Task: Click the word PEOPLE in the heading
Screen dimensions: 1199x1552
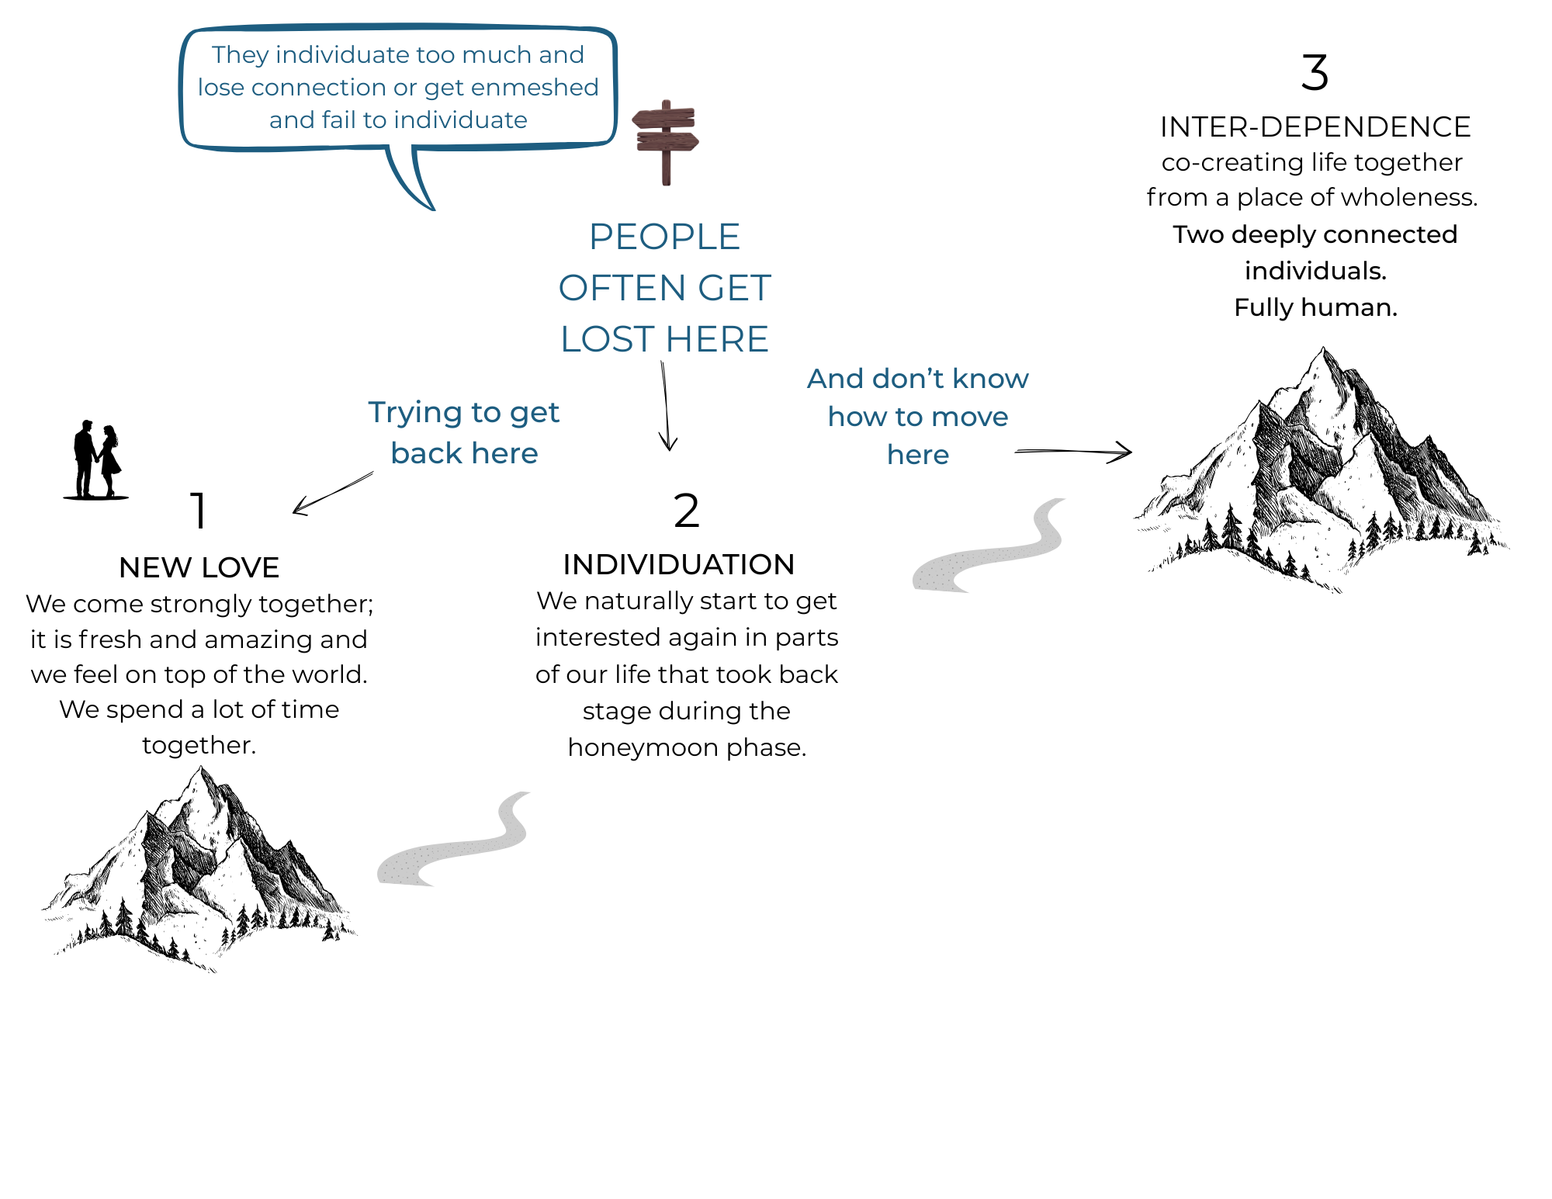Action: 664,237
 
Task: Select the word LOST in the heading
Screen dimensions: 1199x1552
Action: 608,339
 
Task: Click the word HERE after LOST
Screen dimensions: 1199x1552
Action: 717,339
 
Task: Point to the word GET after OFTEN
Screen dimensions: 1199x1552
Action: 734,288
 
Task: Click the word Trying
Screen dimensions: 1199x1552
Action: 414,413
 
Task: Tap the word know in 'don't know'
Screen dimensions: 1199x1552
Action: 990,379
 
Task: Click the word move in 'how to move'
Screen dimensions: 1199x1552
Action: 969,417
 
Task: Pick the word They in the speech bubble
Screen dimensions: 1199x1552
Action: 240,55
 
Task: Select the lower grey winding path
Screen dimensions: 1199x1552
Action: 458,847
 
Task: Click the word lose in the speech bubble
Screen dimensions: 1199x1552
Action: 220,88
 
